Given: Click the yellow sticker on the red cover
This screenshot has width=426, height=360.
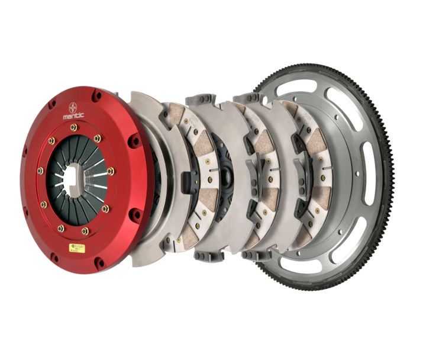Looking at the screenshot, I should [77, 248].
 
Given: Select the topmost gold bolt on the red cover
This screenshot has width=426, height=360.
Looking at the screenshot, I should [74, 127].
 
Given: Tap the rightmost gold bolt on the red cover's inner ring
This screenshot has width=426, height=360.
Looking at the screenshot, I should [111, 171].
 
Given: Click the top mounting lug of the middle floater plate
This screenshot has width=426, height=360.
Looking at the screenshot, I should [201, 99].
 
